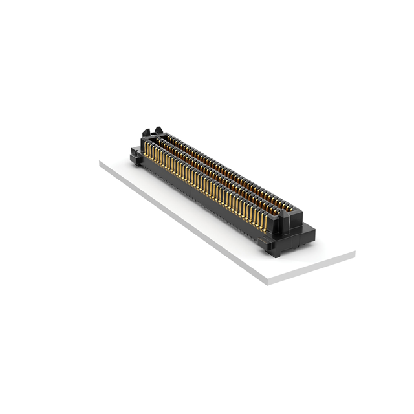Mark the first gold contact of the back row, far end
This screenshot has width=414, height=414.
coord(166,139)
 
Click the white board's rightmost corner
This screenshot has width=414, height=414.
coord(354,252)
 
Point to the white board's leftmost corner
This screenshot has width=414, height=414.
coord(100,162)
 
